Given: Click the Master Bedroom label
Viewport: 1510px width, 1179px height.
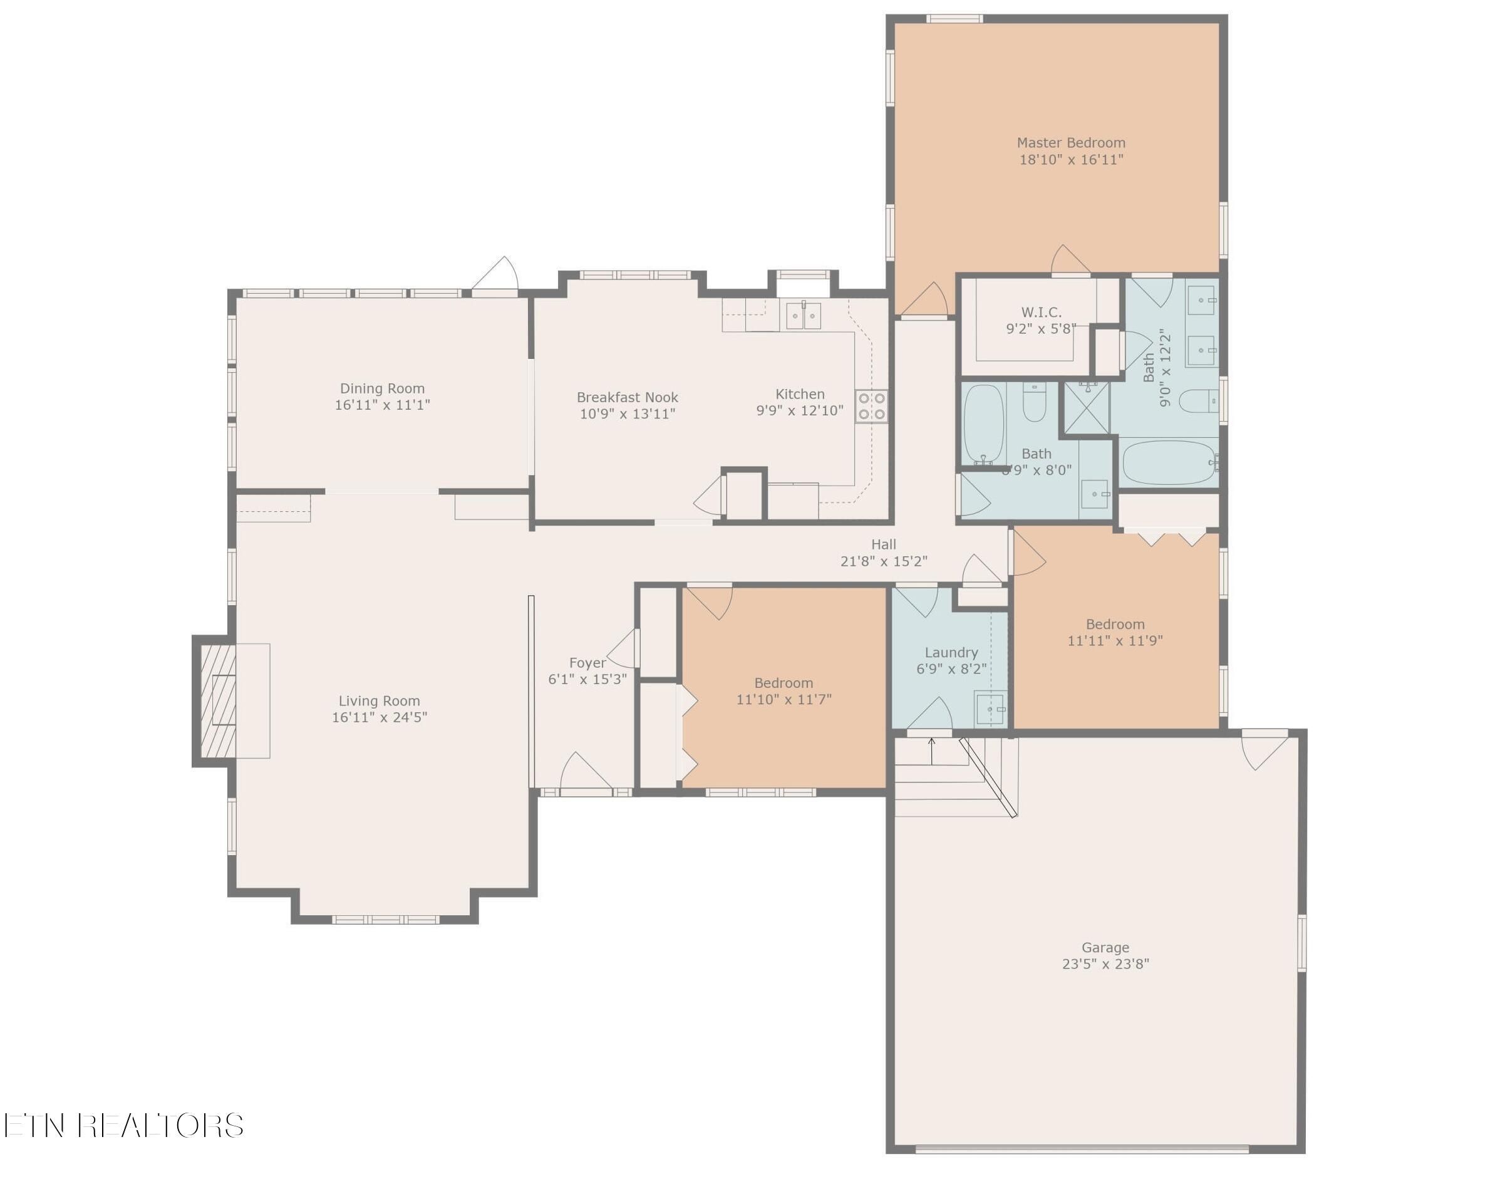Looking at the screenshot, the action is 1071,143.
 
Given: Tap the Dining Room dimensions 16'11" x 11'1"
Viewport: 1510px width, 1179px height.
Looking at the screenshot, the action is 382,405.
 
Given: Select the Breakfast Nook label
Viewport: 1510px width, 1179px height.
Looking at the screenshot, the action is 627,398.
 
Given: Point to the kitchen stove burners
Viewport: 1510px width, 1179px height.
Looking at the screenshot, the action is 871,406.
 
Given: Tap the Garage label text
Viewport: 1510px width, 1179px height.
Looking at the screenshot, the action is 1105,948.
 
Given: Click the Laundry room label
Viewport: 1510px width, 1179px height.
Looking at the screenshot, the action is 951,653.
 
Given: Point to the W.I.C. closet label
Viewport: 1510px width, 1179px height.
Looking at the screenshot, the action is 1042,313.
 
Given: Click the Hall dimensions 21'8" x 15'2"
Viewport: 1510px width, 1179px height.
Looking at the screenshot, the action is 884,561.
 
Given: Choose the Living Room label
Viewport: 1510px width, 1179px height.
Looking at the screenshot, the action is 379,701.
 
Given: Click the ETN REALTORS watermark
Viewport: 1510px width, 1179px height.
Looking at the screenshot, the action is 123,1126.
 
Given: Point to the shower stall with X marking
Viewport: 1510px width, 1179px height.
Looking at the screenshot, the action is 1086,408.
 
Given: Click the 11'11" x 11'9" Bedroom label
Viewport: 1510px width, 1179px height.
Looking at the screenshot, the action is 1115,625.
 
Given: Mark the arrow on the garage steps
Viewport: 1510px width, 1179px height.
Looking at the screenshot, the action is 931,751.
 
